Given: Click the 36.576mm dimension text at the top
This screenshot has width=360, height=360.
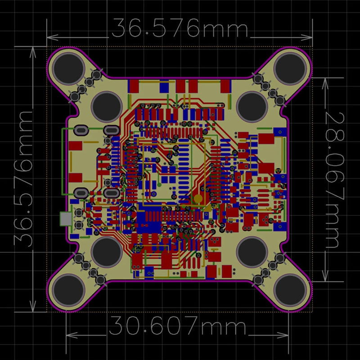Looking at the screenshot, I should [x=180, y=28].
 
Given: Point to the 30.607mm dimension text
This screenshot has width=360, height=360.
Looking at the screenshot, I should [x=178, y=325].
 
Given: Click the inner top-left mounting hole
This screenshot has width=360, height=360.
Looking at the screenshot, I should [x=107, y=106].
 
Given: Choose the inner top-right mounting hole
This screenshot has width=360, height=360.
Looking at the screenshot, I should [x=252, y=106].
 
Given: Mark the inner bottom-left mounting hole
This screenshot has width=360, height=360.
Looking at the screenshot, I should [x=107, y=252].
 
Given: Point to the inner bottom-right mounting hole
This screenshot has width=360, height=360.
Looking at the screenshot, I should [x=252, y=252].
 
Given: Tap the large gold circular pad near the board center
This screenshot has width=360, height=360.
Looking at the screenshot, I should [x=198, y=199].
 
